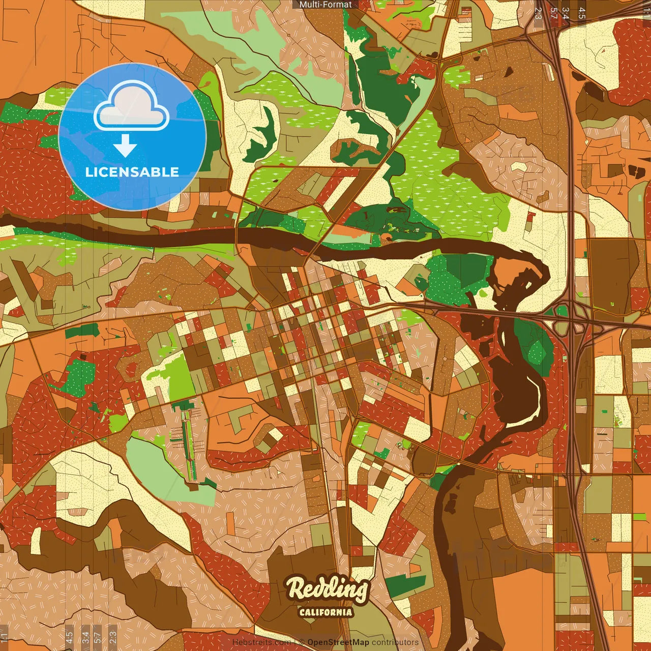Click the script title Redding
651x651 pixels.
327,589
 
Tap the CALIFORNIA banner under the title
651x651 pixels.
325,612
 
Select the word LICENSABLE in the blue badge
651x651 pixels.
132,172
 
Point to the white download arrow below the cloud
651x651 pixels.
125,146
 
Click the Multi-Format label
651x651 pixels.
325,5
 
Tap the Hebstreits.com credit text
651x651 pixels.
261,642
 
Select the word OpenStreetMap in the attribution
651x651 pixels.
338,642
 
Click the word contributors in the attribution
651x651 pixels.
395,642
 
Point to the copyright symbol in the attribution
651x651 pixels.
302,642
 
